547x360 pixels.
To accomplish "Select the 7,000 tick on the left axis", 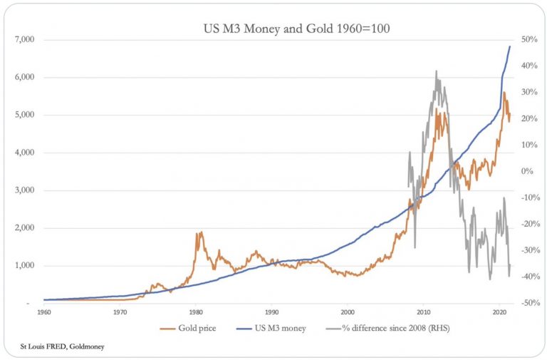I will [x=25, y=40].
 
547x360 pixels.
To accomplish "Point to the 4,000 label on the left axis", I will [x=25, y=153].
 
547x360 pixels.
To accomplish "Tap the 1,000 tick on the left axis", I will [x=25, y=266].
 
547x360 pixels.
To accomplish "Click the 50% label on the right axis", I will [x=530, y=40].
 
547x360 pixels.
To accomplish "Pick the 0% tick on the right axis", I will [x=530, y=171].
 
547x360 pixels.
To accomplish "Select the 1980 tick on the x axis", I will [x=196, y=312].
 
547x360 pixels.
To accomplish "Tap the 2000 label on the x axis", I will [x=348, y=312].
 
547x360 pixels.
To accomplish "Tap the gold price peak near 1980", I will [x=201, y=232].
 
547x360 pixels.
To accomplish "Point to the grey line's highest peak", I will [x=435, y=71].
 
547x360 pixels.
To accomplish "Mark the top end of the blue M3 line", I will [x=510, y=46].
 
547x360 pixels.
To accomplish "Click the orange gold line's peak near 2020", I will [x=504, y=92].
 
